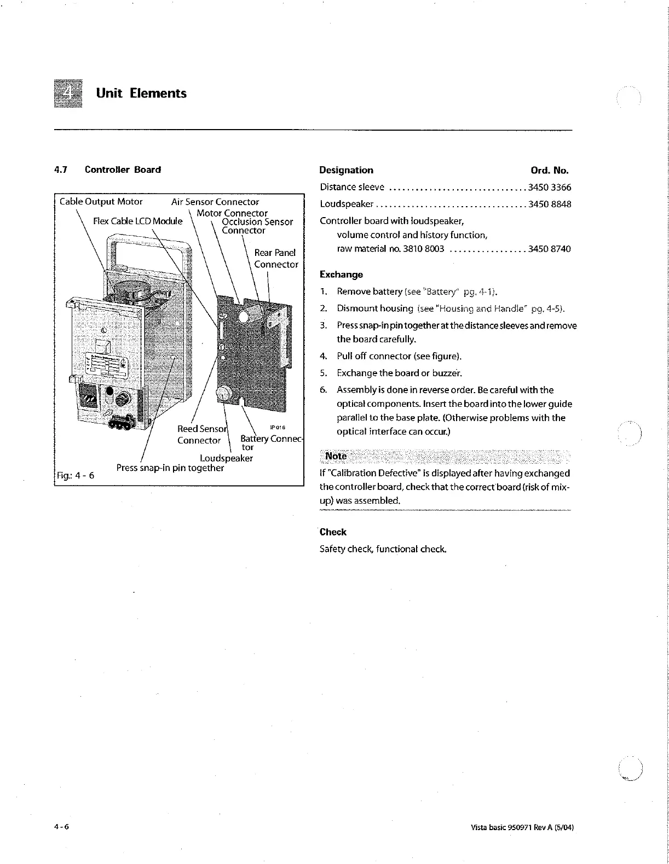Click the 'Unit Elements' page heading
click(x=141, y=93)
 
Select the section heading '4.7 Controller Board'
click(x=108, y=170)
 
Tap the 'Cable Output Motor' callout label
click(x=101, y=201)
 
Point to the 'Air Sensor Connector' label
click(x=215, y=202)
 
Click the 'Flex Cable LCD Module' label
click(x=138, y=221)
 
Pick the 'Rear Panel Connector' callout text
click(x=275, y=259)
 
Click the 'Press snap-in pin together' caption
click(x=170, y=468)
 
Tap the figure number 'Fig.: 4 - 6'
click(x=76, y=475)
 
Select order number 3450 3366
click(x=549, y=188)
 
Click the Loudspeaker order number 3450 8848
click(x=549, y=205)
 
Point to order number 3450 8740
click(x=549, y=249)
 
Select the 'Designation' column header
click(x=346, y=170)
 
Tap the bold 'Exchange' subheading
click(x=341, y=275)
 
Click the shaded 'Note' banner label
click(x=336, y=456)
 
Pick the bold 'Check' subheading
click(x=333, y=532)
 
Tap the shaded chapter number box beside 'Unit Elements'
click(x=68, y=94)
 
